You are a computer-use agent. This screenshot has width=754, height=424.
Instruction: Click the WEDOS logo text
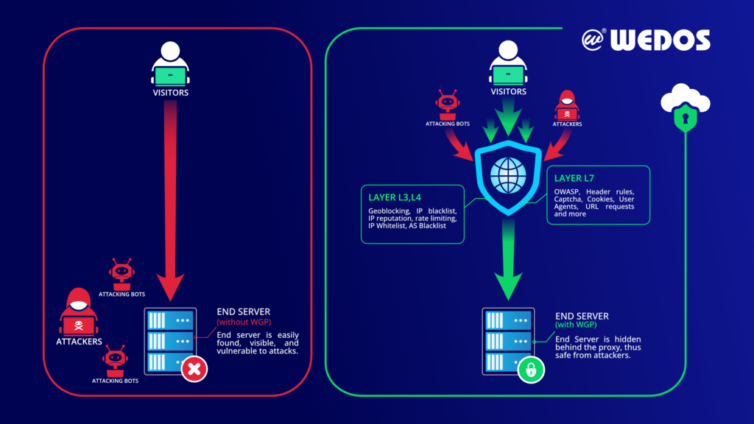(660, 40)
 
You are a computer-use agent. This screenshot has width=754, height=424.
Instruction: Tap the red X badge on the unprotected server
(194, 370)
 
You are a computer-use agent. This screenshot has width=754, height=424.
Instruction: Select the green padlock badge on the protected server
(531, 370)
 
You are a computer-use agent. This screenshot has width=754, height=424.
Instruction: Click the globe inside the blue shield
(508, 175)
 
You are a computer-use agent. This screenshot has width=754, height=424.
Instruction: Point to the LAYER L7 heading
(574, 178)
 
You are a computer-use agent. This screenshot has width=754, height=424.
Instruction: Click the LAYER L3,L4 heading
(395, 197)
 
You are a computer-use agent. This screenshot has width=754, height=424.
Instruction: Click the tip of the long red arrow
(170, 301)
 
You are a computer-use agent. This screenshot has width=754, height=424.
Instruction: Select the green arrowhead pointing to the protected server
(508, 286)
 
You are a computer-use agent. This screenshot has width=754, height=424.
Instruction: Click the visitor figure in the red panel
(170, 63)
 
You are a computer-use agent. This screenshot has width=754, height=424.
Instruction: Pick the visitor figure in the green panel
(508, 63)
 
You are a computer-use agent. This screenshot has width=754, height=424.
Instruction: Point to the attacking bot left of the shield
(448, 105)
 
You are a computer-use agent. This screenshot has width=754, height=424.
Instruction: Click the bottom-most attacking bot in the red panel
(115, 361)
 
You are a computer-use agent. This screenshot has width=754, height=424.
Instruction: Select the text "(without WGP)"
(244, 322)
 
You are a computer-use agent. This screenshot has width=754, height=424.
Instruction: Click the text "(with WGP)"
(576, 325)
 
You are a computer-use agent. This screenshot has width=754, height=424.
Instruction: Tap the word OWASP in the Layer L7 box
(566, 192)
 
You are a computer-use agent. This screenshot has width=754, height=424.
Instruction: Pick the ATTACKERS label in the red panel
(79, 342)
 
